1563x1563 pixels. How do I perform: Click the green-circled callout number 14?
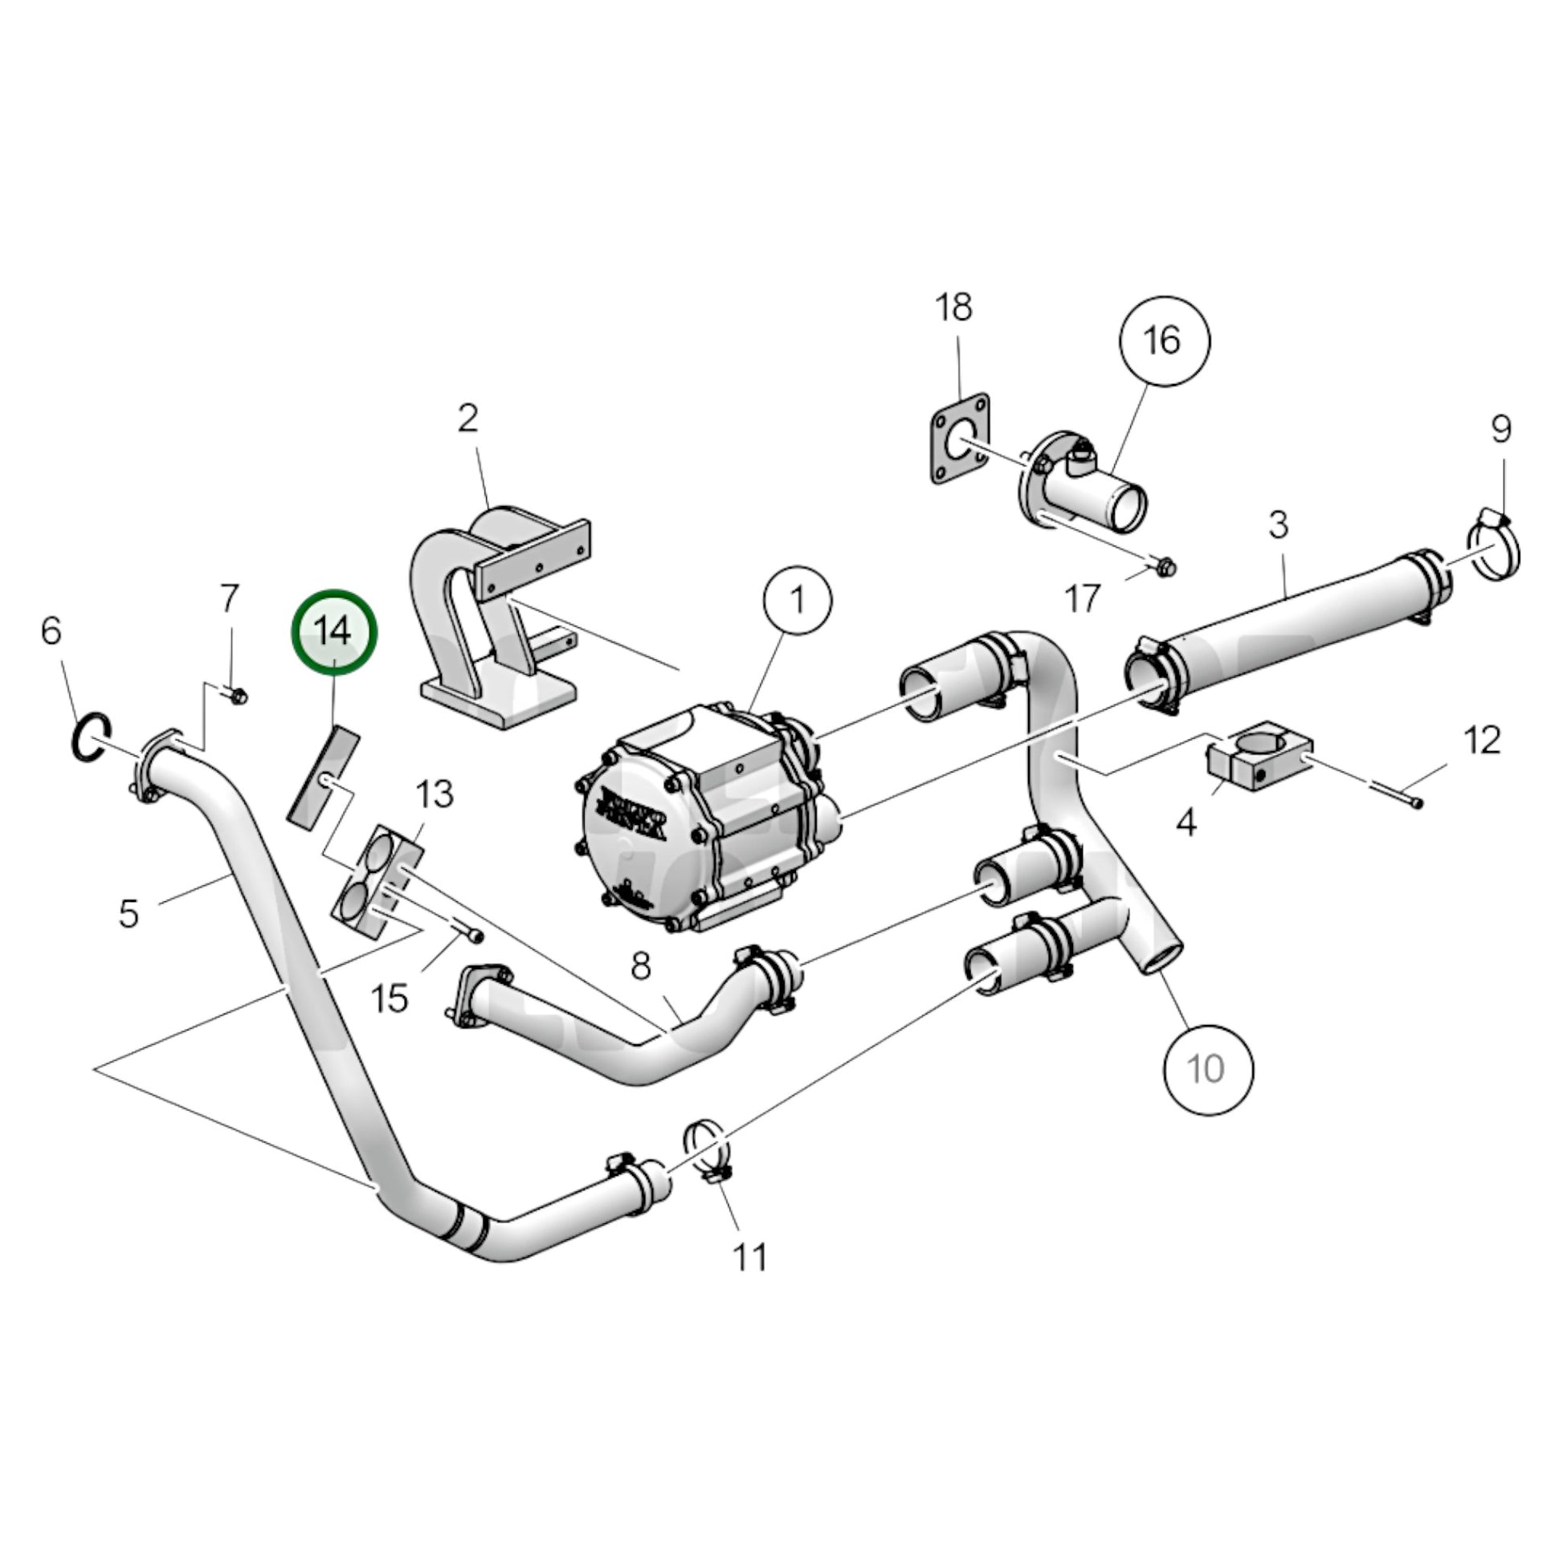point(334,631)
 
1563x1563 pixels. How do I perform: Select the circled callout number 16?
point(1163,341)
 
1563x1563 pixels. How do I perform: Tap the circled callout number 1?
point(798,601)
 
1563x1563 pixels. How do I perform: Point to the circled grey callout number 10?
point(1207,1068)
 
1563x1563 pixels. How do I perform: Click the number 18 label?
point(954,308)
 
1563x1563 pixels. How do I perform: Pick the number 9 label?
point(1500,428)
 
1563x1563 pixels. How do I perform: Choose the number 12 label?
point(1482,741)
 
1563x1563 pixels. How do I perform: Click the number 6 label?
point(51,631)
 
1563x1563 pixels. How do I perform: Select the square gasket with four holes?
point(961,439)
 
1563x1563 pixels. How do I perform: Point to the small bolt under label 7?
point(236,695)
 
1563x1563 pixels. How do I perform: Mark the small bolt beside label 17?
point(1165,568)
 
